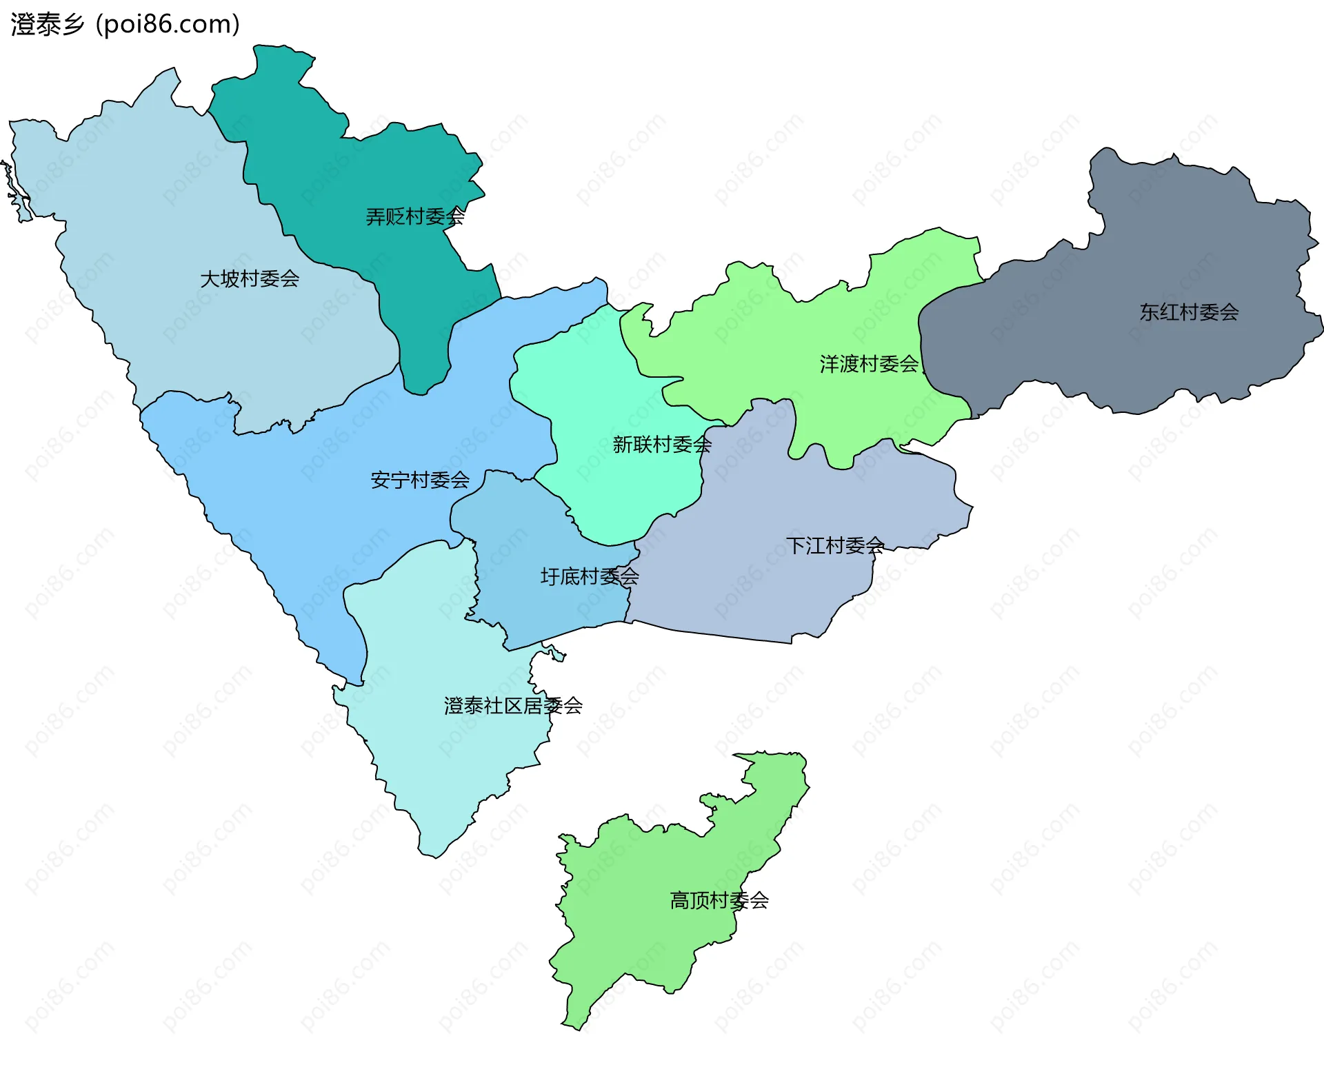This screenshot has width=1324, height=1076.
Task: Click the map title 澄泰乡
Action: point(47,25)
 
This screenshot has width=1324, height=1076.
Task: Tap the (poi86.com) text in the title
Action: point(168,25)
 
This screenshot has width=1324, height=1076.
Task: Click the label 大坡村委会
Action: point(249,279)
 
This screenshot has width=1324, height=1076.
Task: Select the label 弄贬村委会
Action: point(414,217)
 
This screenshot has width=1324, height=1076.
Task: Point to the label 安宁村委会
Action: point(419,480)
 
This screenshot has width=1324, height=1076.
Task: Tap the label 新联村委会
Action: point(661,445)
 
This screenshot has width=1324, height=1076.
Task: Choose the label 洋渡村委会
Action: point(869,364)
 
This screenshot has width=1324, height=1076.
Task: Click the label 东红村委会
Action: point(1188,312)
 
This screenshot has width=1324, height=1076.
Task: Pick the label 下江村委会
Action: point(834,546)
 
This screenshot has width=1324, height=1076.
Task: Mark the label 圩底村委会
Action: point(589,576)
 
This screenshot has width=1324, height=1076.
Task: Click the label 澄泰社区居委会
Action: point(513,706)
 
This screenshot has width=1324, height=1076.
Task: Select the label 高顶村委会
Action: point(719,900)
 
